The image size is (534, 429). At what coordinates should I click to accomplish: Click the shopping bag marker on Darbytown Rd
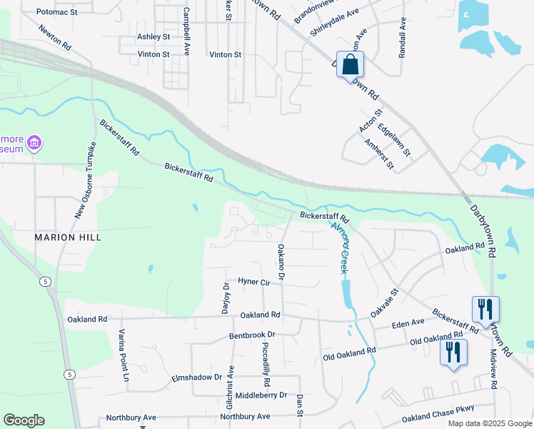point(350,64)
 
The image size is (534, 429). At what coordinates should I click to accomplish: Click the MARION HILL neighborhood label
point(69,237)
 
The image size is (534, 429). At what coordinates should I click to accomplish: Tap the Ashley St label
point(153,36)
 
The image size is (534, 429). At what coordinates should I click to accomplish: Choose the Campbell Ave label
point(186,31)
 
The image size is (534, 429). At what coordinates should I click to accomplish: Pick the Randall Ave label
point(403,34)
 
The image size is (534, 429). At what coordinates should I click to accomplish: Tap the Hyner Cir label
point(254,282)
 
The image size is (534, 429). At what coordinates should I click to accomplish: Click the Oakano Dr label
point(281,262)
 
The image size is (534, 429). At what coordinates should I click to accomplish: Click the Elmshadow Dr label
point(197,377)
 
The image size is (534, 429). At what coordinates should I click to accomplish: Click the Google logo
point(24,420)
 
